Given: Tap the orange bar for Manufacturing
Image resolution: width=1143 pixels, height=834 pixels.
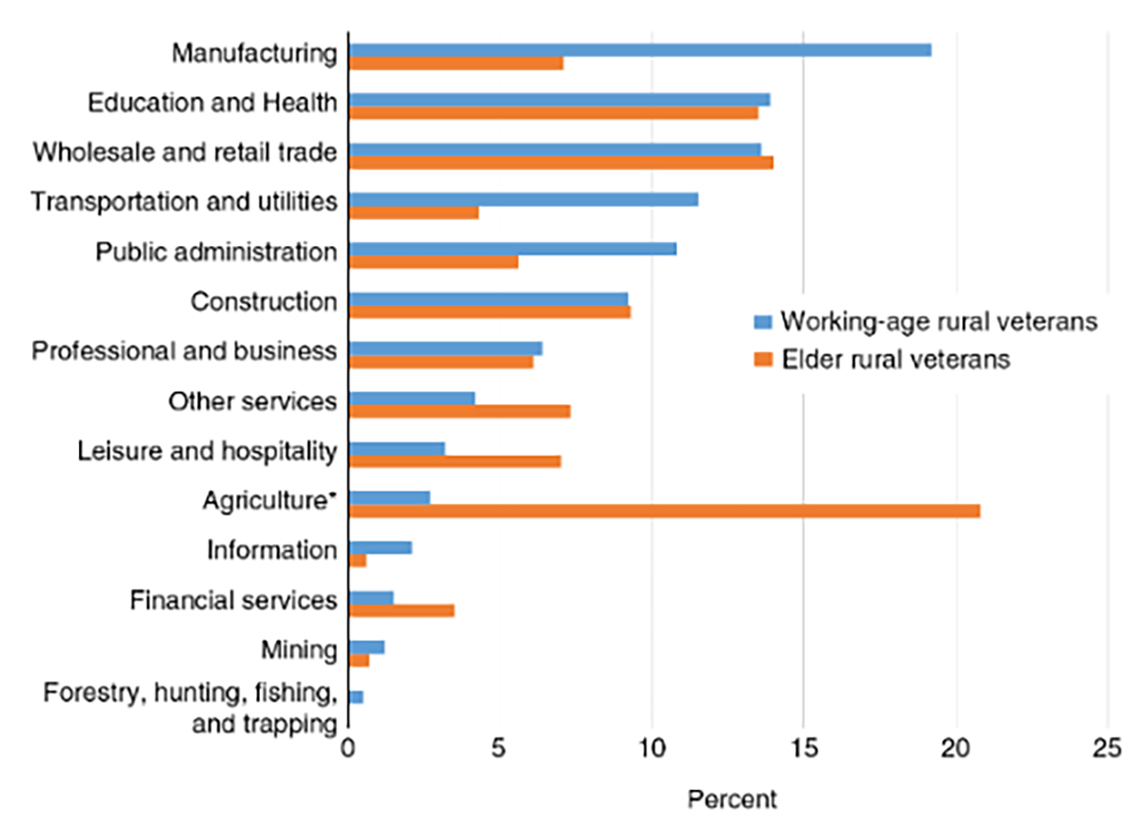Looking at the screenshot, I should tap(455, 63).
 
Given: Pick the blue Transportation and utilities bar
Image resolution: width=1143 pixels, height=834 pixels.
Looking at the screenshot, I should tap(522, 199).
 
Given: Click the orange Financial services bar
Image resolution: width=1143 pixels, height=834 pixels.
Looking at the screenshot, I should tap(401, 610).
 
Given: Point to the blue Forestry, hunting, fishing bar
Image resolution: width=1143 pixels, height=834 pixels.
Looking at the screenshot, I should tap(356, 698).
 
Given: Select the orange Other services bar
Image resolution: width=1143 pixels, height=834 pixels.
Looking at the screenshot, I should tap(459, 411).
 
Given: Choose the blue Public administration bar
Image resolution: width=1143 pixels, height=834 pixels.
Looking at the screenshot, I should tap(511, 249).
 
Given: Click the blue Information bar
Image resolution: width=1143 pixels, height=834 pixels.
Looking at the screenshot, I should tap(380, 547).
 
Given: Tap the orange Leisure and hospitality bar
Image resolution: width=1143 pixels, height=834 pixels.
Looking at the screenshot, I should tap(454, 461).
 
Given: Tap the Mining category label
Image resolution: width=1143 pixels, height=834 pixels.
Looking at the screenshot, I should tap(298, 651).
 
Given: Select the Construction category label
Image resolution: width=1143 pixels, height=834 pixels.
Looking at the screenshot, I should tap(264, 302).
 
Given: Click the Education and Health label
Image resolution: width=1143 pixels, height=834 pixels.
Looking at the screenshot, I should tap(211, 103).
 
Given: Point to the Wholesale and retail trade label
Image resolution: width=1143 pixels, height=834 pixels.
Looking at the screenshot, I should tap(185, 153).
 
